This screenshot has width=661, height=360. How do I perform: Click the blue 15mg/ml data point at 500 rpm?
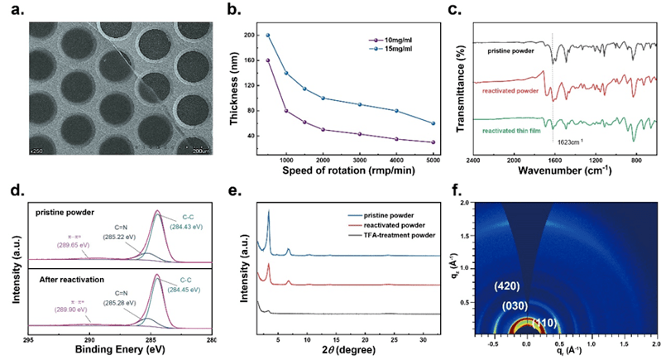click(x=268, y=36)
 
